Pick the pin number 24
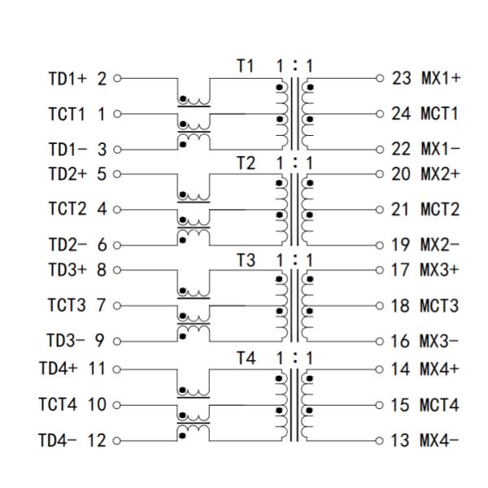(x=401, y=114)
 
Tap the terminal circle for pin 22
(x=379, y=150)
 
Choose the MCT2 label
(x=439, y=210)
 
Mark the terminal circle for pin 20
(x=379, y=174)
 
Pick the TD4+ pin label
(x=60, y=368)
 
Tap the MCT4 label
(x=439, y=403)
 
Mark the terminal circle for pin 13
(x=379, y=440)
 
